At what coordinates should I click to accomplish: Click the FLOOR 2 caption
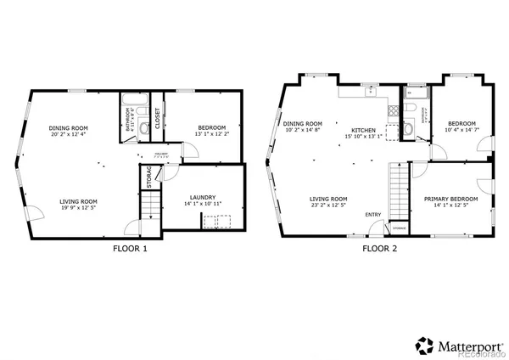coord(379,249)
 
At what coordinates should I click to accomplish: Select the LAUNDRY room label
coord(203,197)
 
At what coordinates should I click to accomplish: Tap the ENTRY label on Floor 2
coord(373,214)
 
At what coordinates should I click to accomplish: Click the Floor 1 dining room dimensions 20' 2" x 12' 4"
coord(70,134)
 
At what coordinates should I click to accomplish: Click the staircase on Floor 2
coord(399,190)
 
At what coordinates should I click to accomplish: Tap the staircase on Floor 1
coord(149,205)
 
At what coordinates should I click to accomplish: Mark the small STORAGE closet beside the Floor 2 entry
coord(398,228)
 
